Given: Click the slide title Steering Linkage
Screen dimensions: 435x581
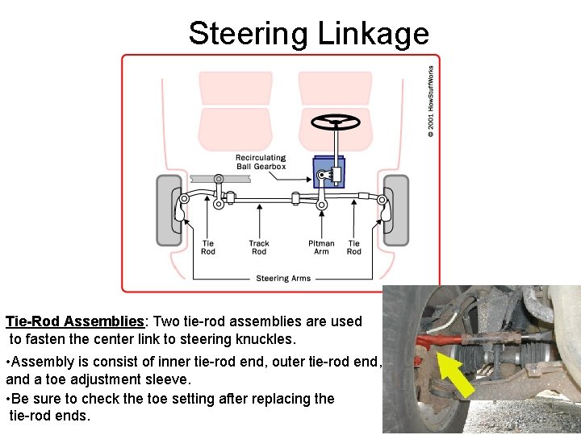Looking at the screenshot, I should coord(308,34).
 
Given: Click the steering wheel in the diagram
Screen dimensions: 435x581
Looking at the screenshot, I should coord(336,122).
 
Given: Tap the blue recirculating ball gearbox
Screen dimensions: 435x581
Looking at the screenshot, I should coord(329,174).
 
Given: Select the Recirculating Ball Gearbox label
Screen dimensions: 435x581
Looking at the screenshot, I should coord(260,162).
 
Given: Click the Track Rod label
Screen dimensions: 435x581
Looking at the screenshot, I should coord(259,247).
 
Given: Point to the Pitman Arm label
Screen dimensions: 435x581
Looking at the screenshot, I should coord(321,247).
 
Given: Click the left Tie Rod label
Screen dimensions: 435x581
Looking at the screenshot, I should coord(208,247).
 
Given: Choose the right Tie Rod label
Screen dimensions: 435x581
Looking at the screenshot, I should coord(353,247).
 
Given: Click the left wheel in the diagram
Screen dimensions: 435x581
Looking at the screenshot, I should coord(169,209).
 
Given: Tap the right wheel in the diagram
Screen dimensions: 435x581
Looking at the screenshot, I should coord(395,209).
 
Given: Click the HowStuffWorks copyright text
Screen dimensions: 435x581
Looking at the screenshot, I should coord(431,101).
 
